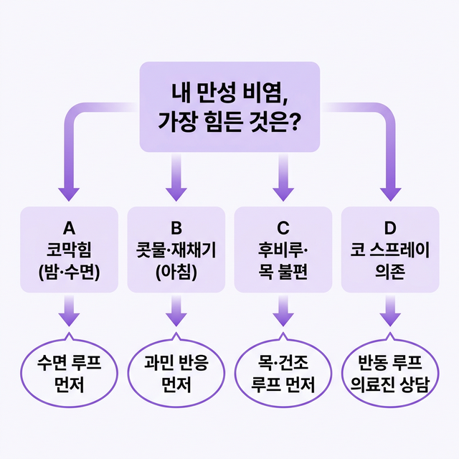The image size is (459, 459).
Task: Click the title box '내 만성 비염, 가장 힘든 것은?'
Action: click(x=229, y=106)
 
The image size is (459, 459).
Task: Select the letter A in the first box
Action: click(x=70, y=228)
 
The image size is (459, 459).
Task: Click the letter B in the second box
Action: click(x=176, y=228)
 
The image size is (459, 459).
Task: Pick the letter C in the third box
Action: click(x=283, y=228)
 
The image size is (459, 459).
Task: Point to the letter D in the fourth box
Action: click(x=390, y=228)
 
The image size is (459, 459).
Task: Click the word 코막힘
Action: click(x=70, y=250)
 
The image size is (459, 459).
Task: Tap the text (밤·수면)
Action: click(x=70, y=273)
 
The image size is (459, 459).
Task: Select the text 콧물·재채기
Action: click(x=176, y=250)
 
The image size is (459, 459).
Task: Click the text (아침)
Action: click(x=176, y=273)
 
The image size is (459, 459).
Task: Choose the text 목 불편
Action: click(x=283, y=273)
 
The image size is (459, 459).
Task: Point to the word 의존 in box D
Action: click(x=390, y=273)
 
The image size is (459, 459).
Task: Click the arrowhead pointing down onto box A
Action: click(x=70, y=191)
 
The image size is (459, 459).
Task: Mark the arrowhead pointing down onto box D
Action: click(x=390, y=191)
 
